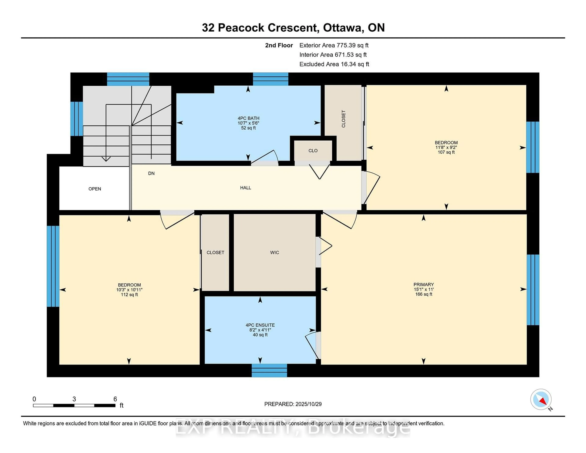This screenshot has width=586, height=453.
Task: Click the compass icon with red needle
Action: (541, 399)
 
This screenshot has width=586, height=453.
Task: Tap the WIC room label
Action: (275, 253)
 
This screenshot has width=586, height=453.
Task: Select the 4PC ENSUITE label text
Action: (260, 325)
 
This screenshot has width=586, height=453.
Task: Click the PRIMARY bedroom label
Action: (423, 284)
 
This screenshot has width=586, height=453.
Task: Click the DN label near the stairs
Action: (151, 173)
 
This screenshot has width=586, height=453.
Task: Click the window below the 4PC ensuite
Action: (269, 370)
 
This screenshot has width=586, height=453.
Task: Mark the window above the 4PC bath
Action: (270, 79)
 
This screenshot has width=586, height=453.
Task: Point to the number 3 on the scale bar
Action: (74, 399)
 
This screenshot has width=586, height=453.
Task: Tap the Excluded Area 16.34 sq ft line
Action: (334, 64)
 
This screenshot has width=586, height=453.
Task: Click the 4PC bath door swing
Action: (264, 157)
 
